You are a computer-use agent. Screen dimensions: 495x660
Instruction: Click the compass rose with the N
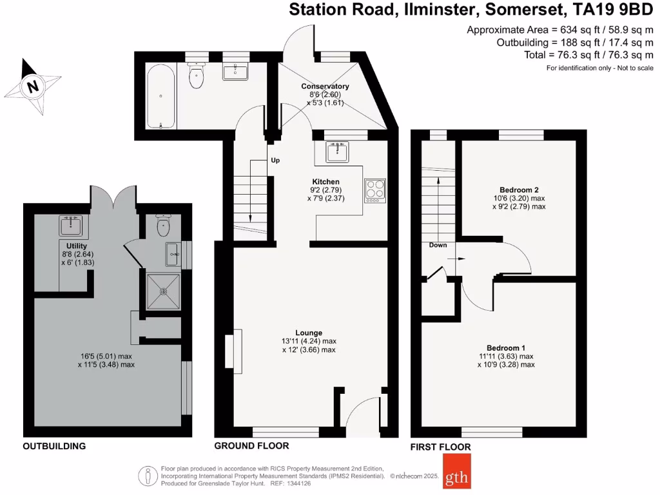[x=31, y=86]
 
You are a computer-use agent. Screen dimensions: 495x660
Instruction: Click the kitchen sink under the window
[x=337, y=152]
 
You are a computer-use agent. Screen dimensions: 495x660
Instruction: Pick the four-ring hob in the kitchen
[x=374, y=189]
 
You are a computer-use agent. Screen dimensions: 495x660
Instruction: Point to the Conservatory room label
[x=325, y=86]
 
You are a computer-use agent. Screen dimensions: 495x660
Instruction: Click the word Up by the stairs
[x=275, y=160]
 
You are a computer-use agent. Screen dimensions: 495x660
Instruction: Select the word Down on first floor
[x=438, y=245]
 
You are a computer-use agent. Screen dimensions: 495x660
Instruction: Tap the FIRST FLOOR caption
[x=440, y=447]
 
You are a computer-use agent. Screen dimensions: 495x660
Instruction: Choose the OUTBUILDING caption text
[x=54, y=446]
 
